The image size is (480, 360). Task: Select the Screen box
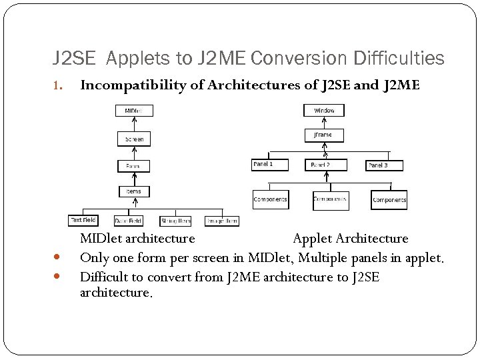coord(134,139)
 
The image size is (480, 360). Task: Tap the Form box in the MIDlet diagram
coord(134,165)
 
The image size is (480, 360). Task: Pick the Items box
coord(134,191)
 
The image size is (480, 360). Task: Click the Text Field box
coord(84,219)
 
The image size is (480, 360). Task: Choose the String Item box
coord(176,221)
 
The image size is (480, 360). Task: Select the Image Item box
coord(221,221)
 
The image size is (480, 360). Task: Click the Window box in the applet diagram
coord(323,110)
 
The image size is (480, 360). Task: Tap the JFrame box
coord(323,135)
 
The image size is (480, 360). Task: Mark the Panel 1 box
coord(271,164)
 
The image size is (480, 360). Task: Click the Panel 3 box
coord(384,164)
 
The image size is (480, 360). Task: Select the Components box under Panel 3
coord(389,199)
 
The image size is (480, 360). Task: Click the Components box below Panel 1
coord(270,199)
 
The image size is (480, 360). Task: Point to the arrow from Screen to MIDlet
coord(134,124)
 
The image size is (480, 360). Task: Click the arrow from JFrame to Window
coord(323,122)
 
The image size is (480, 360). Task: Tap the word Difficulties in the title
coord(403,59)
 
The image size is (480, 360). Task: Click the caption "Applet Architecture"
coord(351,238)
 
